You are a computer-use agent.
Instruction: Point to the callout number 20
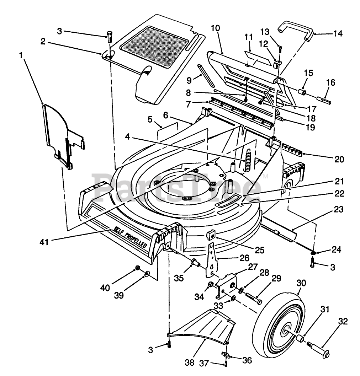click(339, 159)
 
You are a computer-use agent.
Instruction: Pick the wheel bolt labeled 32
click(318, 349)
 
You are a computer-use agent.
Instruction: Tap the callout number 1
click(21, 56)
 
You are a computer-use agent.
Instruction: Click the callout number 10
click(215, 28)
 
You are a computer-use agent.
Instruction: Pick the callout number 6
click(166, 116)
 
